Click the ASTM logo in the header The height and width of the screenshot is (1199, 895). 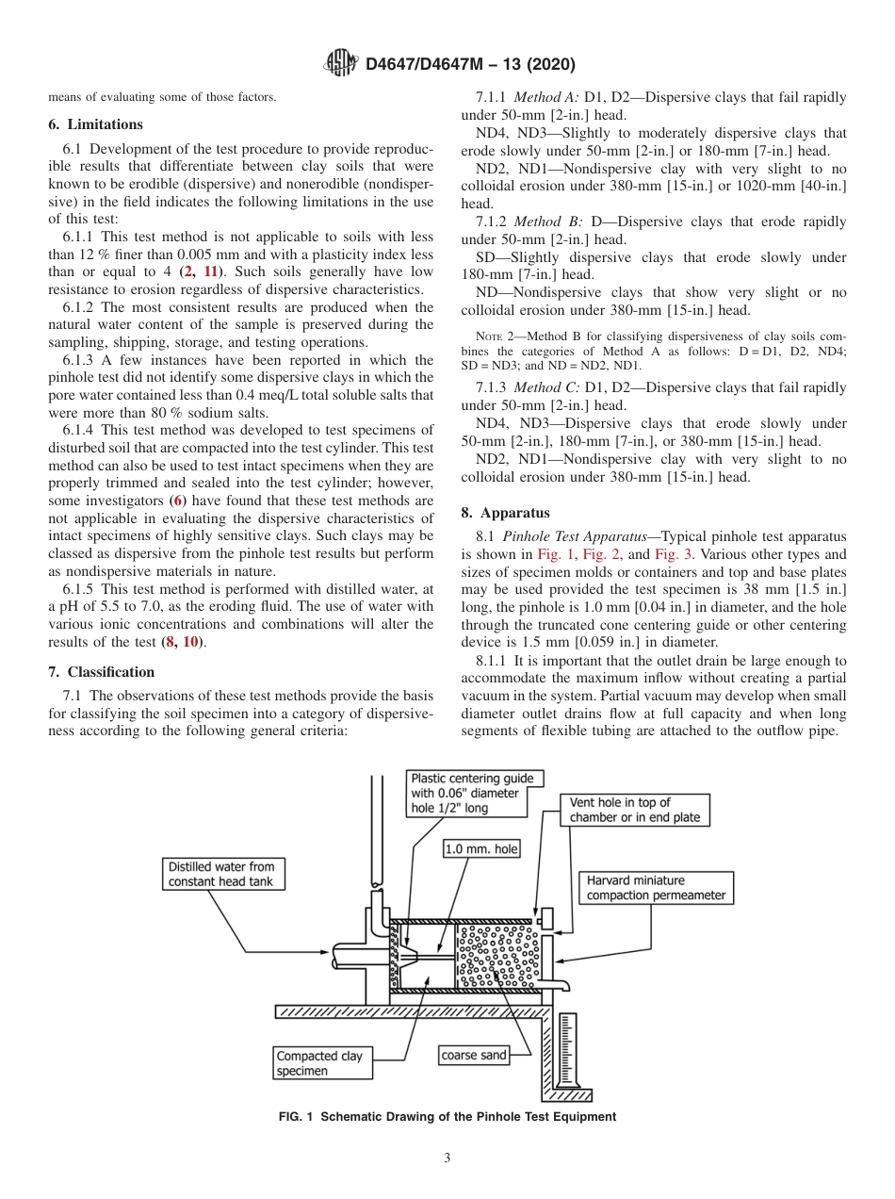click(341, 64)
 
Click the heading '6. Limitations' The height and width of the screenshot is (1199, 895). click(95, 124)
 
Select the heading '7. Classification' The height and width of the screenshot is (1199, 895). click(101, 672)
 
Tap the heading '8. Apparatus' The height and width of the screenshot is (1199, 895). click(504, 513)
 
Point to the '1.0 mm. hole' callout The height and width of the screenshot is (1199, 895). click(481, 849)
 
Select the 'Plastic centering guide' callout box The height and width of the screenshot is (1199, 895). click(472, 793)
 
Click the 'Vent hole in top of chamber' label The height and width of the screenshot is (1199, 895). click(635, 810)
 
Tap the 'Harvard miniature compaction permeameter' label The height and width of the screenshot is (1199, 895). click(656, 888)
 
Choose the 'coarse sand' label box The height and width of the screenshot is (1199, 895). click(474, 1055)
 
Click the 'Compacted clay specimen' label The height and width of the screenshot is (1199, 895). click(318, 1063)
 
